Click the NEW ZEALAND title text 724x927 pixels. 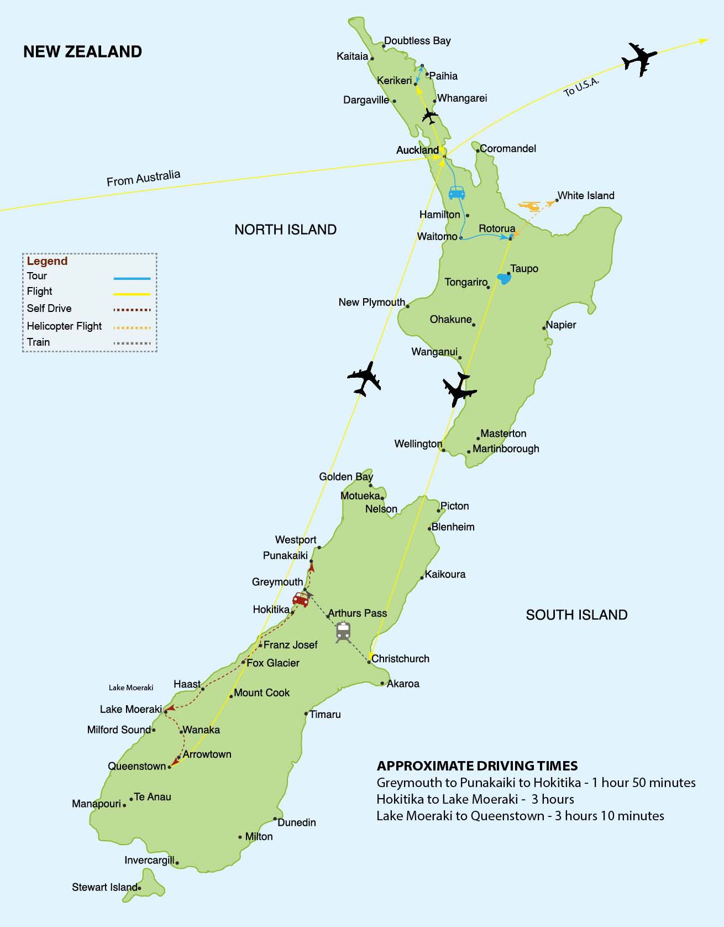tap(82, 51)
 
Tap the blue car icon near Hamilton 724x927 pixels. tap(457, 192)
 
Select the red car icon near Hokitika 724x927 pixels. tap(301, 599)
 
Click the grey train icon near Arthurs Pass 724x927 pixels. tap(343, 632)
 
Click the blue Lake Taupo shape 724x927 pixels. tap(503, 278)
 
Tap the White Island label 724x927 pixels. tap(585, 195)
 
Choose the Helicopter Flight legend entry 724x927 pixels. tap(64, 326)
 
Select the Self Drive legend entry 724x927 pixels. tap(49, 309)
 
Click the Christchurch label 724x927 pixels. tap(400, 659)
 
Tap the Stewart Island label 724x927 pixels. tap(104, 887)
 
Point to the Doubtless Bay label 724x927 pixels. tap(417, 40)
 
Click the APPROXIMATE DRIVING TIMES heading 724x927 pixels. tap(477, 766)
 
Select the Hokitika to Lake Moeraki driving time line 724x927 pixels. tap(475, 799)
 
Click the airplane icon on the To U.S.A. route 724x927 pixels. tap(639, 58)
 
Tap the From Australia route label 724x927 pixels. tap(143, 178)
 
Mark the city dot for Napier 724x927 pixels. tap(544, 328)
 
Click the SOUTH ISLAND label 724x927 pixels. tap(576, 615)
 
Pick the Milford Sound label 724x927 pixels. tap(118, 730)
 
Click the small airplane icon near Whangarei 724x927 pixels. tap(429, 116)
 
